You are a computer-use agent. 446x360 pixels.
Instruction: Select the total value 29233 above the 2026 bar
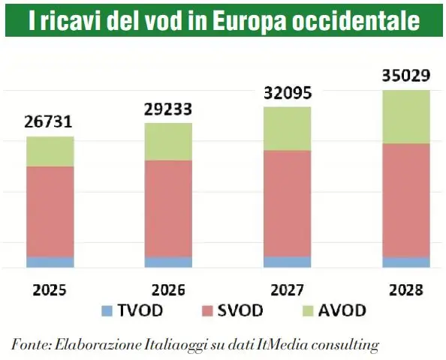point(168,109)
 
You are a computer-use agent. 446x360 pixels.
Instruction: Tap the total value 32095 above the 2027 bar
point(287,93)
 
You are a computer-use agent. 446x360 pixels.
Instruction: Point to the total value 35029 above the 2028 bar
point(405,76)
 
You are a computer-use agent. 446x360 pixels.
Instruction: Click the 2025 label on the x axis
point(50,289)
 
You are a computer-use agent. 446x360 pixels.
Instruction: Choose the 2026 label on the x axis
point(168,289)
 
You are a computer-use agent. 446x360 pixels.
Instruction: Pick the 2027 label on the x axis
point(287,289)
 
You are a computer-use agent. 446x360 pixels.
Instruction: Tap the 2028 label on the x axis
point(405,289)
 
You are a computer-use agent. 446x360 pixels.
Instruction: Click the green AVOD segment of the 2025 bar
point(50,151)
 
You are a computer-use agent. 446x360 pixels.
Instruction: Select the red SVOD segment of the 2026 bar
point(168,208)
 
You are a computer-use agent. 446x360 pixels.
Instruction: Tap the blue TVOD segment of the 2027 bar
point(287,262)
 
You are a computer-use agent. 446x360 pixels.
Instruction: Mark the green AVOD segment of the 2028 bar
point(405,117)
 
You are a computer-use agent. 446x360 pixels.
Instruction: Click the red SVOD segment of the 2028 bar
point(405,200)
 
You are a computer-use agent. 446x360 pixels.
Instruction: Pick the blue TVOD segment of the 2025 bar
point(50,262)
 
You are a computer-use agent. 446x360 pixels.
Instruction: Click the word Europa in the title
point(247,22)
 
